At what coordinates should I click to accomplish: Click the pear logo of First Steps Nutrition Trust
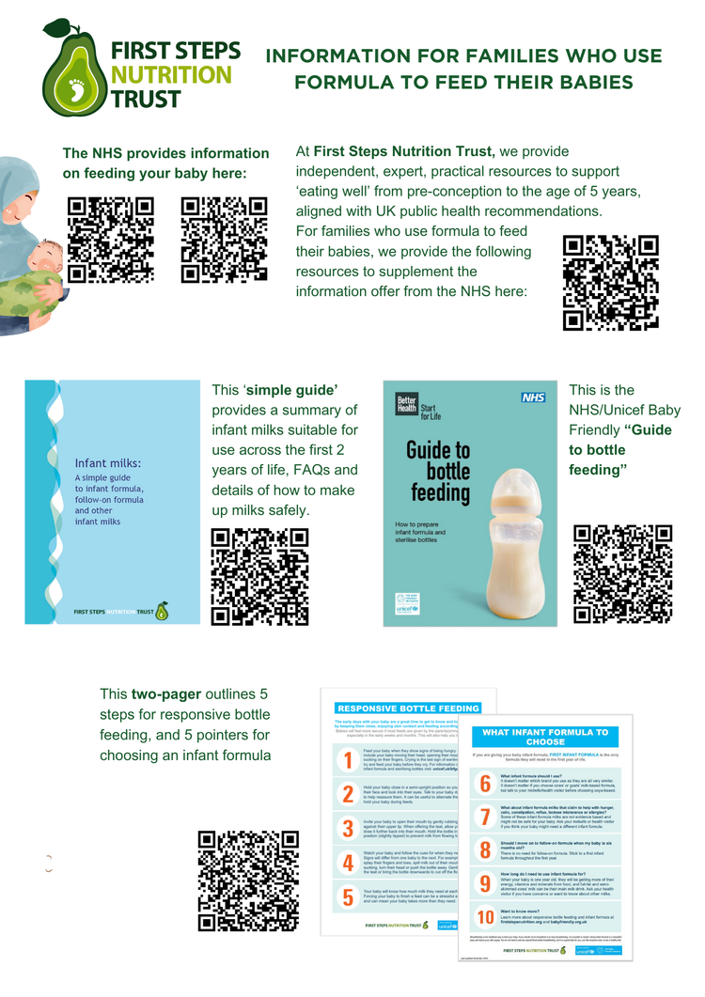73,68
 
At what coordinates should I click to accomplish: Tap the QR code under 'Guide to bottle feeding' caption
621,573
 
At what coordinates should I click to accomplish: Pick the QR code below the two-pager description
249,880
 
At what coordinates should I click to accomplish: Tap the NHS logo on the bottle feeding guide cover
533,397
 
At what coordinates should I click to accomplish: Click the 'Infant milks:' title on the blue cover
108,462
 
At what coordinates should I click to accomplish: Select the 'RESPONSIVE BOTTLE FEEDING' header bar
407,709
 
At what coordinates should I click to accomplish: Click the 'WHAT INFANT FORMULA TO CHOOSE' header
544,737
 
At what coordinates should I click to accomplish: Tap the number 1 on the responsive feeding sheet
348,760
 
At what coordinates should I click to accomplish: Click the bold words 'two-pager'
166,694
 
